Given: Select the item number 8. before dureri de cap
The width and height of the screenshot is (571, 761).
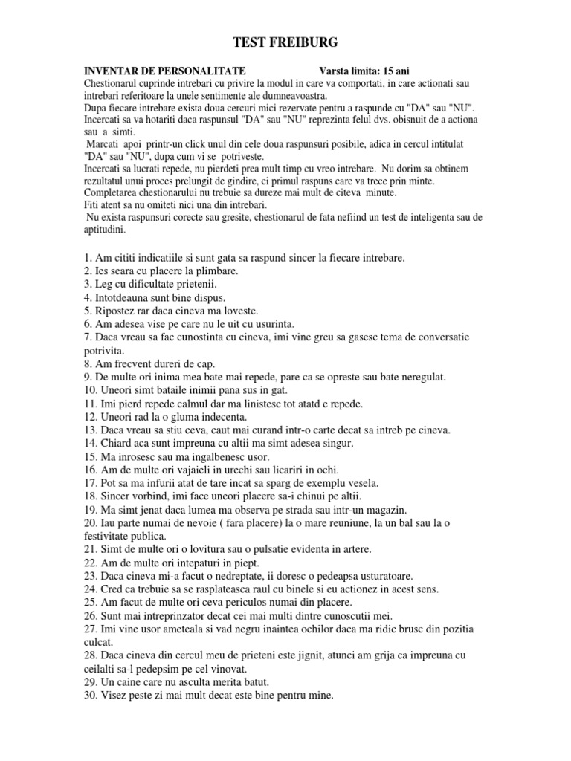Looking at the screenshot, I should (x=89, y=363).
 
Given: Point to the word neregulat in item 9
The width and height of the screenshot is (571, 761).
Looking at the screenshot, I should (x=419, y=377).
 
